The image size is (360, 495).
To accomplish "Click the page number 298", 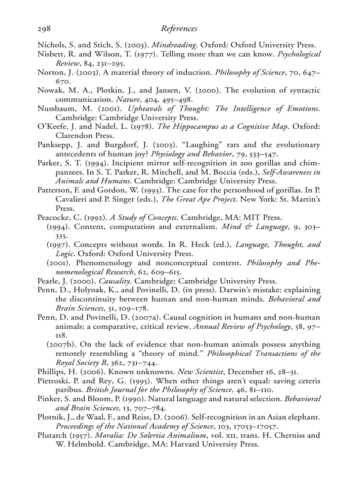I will [44, 29].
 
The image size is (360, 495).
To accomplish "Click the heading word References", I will [179, 29].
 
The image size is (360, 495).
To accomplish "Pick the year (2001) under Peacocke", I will [59, 263].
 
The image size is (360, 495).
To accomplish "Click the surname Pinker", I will [48, 399].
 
